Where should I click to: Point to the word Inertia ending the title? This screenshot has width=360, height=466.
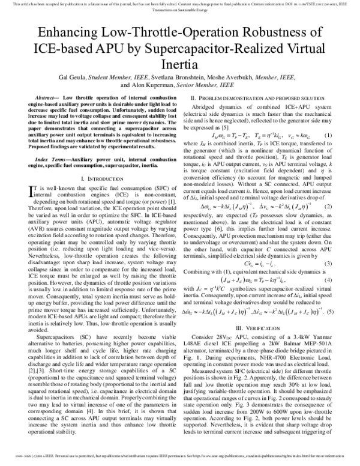pyautogui.click(x=180, y=64)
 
